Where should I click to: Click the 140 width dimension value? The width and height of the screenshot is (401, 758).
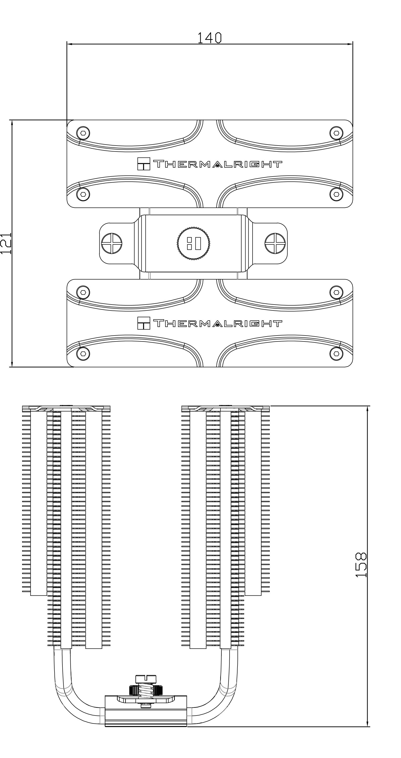[209, 38]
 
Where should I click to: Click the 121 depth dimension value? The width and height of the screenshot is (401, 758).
[6, 243]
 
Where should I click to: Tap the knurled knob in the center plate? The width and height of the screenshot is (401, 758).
[193, 243]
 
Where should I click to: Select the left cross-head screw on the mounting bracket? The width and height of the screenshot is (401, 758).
[111, 243]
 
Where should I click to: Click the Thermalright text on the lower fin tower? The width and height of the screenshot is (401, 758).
[218, 323]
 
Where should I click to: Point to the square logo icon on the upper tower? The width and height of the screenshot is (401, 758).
[144, 164]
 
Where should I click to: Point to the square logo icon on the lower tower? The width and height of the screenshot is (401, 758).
[144, 323]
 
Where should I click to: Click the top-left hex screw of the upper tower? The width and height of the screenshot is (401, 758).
[83, 133]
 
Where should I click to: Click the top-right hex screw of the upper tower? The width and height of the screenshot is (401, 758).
[336, 133]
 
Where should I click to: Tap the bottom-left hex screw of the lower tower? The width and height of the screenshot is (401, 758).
[83, 353]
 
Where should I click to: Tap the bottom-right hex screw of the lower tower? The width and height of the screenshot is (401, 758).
[336, 353]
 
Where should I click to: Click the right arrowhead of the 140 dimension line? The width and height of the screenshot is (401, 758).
[350, 44]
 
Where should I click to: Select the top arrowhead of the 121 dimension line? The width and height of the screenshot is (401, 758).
[12, 123]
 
